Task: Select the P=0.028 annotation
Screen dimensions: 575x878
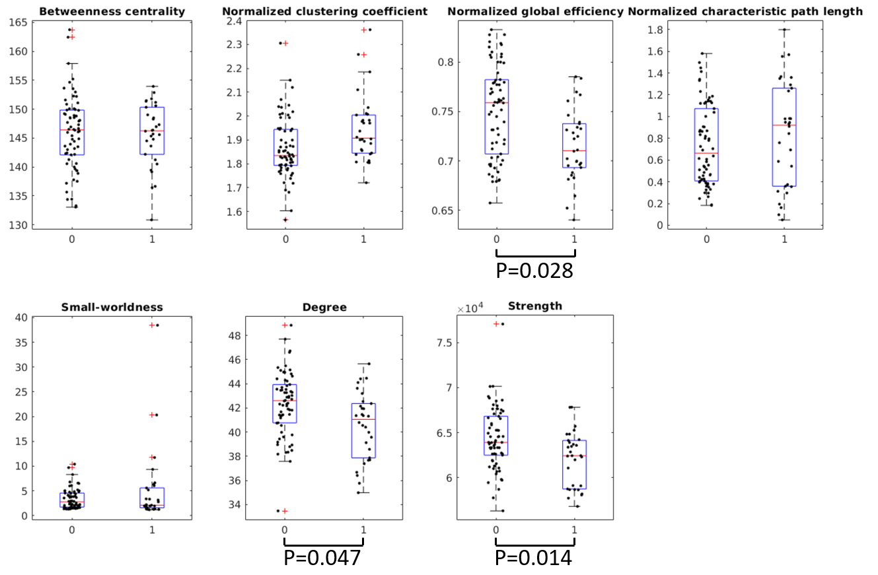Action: [534, 270]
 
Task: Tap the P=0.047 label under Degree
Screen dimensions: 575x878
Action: [322, 558]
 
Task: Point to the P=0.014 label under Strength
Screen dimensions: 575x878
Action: [534, 558]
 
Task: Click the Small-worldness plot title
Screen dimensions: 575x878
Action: [112, 307]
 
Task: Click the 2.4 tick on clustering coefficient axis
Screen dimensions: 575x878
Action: [234, 20]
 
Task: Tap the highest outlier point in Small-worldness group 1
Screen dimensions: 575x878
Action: [152, 325]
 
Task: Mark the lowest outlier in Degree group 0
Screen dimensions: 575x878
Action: [284, 510]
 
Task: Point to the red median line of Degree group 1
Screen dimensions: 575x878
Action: [363, 419]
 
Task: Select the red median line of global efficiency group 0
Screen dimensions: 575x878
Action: [496, 102]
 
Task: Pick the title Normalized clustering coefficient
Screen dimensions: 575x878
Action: [324, 11]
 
